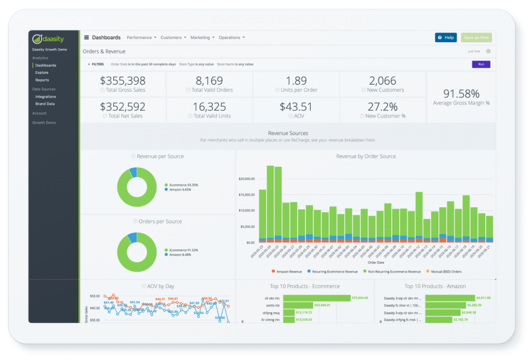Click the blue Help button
[x=446, y=37]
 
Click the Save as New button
[x=476, y=37]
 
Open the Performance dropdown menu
[x=141, y=37]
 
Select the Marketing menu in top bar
[x=202, y=37]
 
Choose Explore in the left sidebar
[x=42, y=73]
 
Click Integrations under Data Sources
[x=46, y=97]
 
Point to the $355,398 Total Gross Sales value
[x=123, y=81]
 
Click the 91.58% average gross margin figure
[x=461, y=94]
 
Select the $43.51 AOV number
[x=296, y=106]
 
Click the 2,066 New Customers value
[x=382, y=81]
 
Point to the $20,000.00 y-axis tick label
[x=246, y=178]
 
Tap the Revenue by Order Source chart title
[x=366, y=156]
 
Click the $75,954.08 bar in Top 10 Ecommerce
[x=316, y=298]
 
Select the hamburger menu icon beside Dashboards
[x=86, y=37]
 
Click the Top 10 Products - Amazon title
[x=435, y=286]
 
